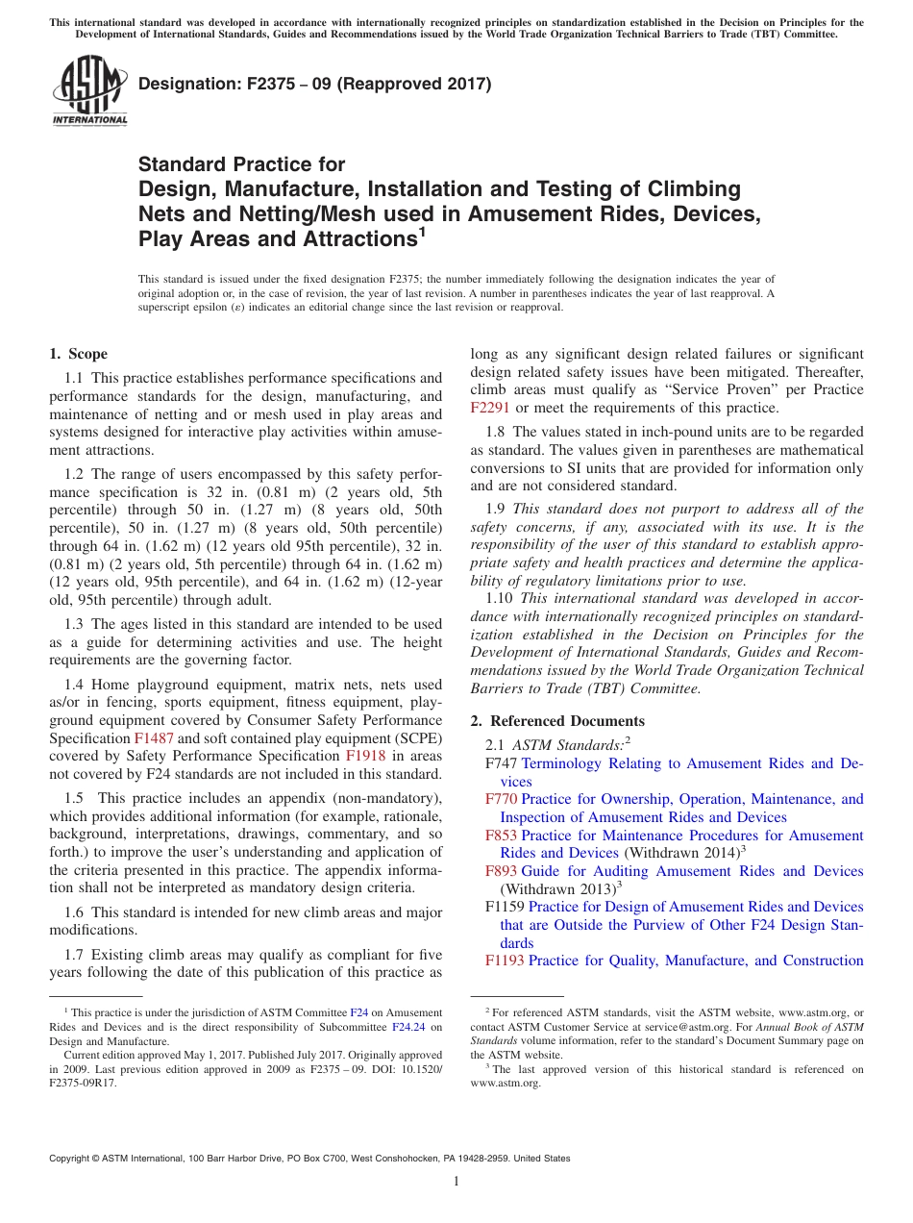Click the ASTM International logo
click(x=89, y=90)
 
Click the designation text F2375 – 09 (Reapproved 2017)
click(x=315, y=84)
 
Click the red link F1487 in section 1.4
click(x=150, y=738)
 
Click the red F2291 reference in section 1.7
click(x=490, y=408)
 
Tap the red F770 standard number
click(x=501, y=799)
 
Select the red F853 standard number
click(x=501, y=836)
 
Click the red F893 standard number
click(x=501, y=871)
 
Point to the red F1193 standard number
click(x=505, y=961)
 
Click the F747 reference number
click(x=501, y=763)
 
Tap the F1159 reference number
click(x=505, y=907)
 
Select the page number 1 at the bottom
click(x=456, y=1181)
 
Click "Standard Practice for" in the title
click(x=242, y=164)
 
